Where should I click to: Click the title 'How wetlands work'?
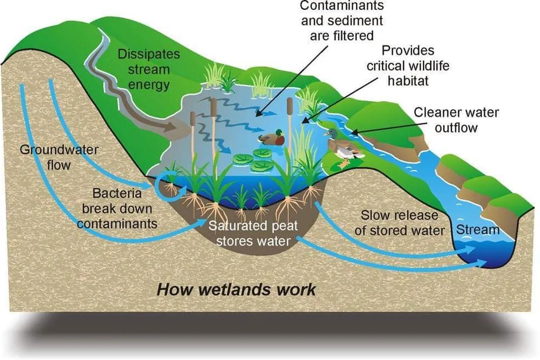pyautogui.click(x=236, y=290)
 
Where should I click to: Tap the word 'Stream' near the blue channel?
pyautogui.click(x=478, y=230)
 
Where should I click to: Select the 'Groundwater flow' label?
pyautogui.click(x=59, y=157)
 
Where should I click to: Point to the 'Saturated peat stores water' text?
pyautogui.click(x=253, y=233)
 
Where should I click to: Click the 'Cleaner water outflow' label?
pyautogui.click(x=456, y=120)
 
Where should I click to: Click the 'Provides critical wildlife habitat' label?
pyautogui.click(x=408, y=65)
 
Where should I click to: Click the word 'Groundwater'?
pyautogui.click(x=59, y=149)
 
